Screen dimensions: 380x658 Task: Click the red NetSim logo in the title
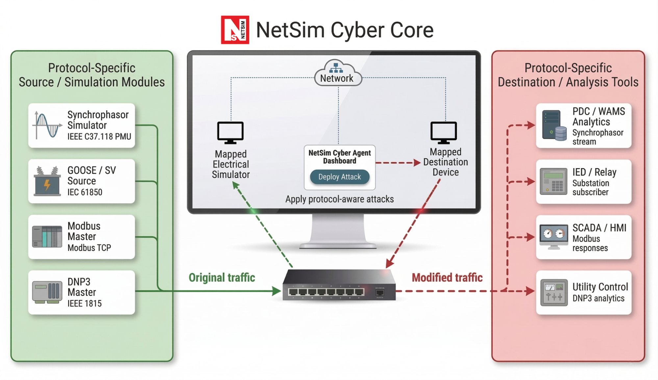point(235,30)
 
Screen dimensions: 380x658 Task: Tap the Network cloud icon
point(338,73)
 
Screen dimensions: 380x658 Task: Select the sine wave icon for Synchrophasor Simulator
point(47,125)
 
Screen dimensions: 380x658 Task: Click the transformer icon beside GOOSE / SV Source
point(47,181)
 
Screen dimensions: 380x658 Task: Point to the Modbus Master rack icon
point(47,237)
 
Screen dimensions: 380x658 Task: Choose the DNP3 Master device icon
point(47,292)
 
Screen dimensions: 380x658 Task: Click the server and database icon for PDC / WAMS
point(554,125)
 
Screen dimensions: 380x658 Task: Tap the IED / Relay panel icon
point(553,181)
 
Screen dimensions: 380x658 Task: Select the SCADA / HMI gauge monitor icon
point(553,236)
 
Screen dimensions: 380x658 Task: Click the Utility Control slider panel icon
point(554,292)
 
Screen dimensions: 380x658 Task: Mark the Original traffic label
point(222,278)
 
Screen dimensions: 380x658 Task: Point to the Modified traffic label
point(447,278)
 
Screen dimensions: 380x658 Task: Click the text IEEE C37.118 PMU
point(99,137)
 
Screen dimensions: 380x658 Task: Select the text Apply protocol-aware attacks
point(339,199)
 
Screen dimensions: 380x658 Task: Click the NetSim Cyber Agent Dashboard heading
point(340,157)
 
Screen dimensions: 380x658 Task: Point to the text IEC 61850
point(85,192)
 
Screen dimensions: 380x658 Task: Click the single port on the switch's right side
point(380,292)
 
